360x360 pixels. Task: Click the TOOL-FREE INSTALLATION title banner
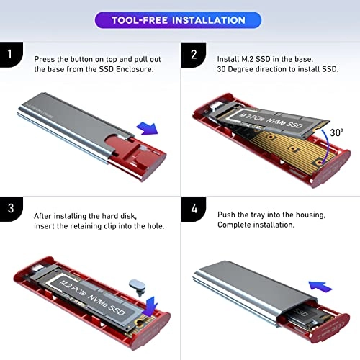(x=179, y=19)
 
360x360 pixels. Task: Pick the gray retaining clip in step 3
(x=135, y=287)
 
